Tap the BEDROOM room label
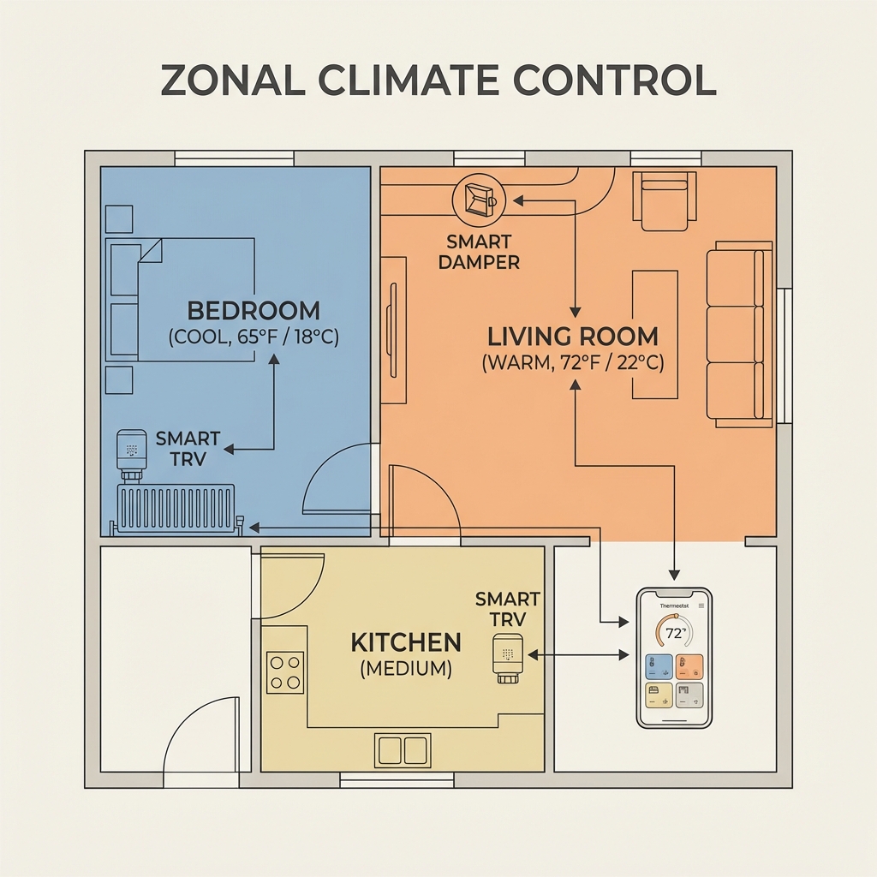pos(254,310)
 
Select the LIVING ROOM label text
pos(573,335)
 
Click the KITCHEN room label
pos(406,642)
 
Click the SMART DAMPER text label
pos(479,253)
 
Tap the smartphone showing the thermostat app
pos(675,658)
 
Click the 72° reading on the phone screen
pos(675,634)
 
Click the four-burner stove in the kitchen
pos(285,672)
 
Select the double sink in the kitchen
pos(402,750)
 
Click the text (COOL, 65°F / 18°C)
pos(254,337)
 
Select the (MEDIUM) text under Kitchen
pos(406,669)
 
